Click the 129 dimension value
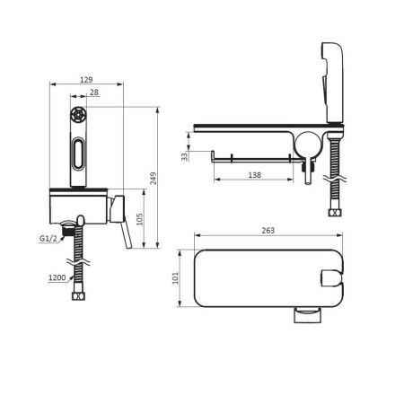(86, 80)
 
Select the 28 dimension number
(94, 92)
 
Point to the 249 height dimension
(153, 178)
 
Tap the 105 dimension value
(139, 219)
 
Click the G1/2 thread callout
(48, 239)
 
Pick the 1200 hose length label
(57, 277)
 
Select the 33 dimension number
(185, 156)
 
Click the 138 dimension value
(255, 175)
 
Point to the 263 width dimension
(268, 231)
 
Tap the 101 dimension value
(175, 277)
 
